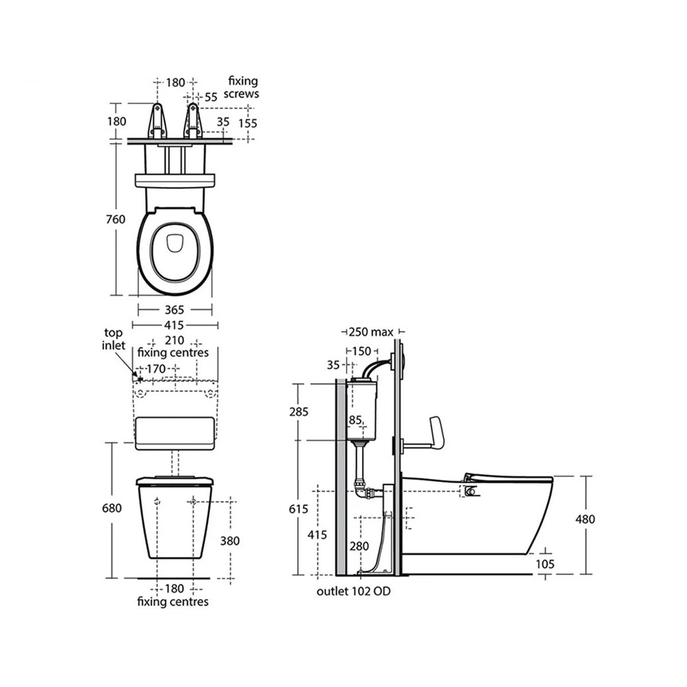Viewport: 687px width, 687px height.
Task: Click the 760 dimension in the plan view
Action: [116, 219]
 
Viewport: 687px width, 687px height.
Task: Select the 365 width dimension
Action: [174, 310]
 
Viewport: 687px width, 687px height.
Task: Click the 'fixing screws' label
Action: [243, 87]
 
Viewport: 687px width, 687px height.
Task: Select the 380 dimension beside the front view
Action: [229, 540]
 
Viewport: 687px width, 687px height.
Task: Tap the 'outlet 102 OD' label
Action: [353, 591]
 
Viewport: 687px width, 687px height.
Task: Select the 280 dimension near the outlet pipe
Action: [359, 546]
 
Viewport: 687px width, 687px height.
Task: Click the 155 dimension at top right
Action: [248, 123]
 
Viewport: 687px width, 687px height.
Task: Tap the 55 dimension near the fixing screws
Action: [211, 97]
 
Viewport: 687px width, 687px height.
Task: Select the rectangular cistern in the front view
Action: [175, 432]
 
